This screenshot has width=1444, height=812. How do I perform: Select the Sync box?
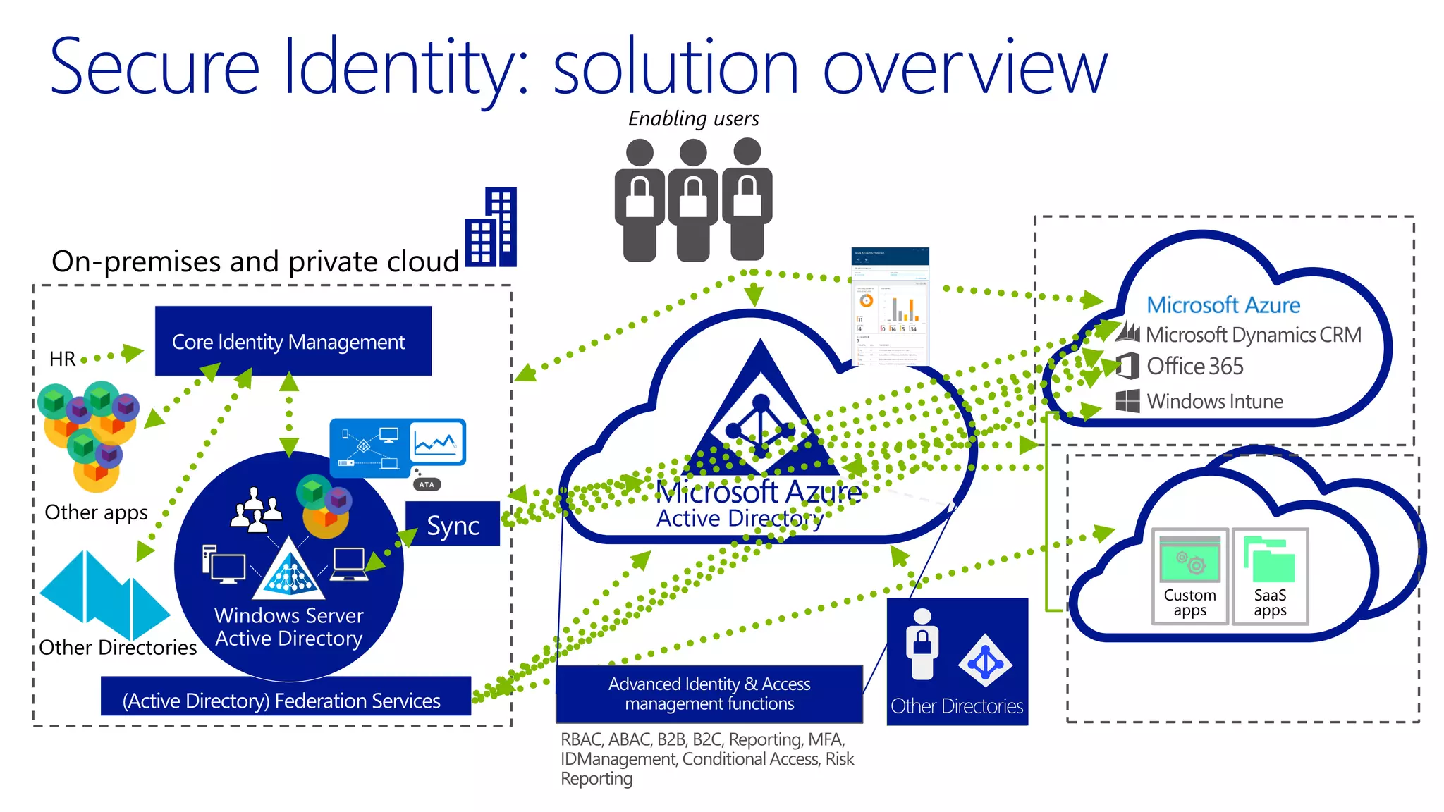tap(453, 525)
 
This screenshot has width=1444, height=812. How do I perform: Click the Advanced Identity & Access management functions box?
tap(709, 694)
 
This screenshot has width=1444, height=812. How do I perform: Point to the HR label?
tap(62, 359)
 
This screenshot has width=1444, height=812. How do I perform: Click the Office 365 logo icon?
tap(1127, 366)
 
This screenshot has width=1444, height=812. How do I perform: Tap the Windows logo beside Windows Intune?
tap(1127, 400)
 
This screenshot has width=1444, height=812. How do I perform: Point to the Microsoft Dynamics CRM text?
tap(1253, 335)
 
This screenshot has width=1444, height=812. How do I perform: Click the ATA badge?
tap(427, 484)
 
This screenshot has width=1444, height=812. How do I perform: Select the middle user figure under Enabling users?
tap(693, 199)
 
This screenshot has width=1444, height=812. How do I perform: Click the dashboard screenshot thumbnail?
tap(890, 307)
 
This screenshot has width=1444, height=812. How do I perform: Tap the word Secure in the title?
tap(155, 67)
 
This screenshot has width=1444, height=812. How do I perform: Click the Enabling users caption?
tap(693, 118)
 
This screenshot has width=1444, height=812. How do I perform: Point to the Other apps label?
tap(96, 512)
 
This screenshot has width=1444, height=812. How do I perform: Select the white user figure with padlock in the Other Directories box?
tap(922, 644)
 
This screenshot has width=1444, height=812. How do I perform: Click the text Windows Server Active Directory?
tap(289, 627)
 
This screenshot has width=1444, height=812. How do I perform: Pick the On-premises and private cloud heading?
tap(255, 262)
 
